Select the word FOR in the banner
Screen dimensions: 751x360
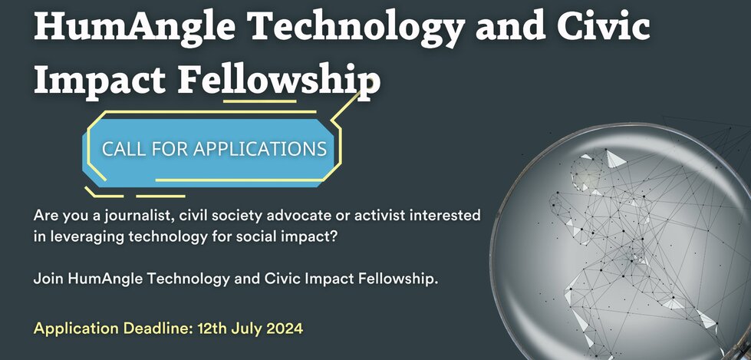click(x=170, y=149)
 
